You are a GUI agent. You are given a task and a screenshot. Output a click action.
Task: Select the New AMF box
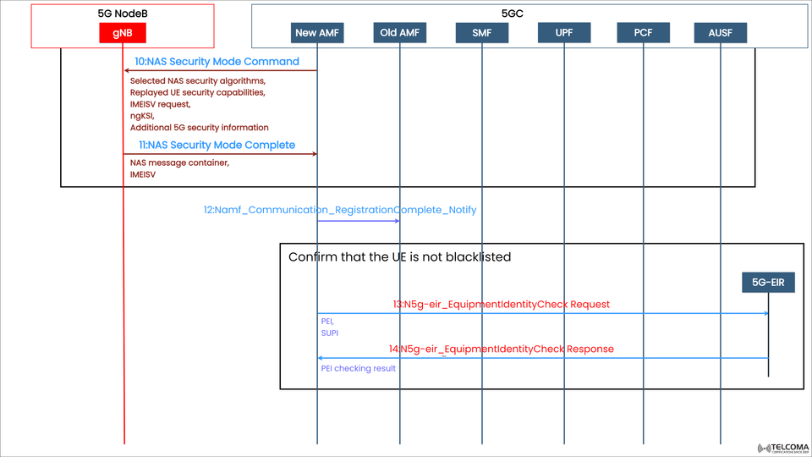click(x=317, y=33)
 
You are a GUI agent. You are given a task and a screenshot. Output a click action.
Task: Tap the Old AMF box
click(x=400, y=33)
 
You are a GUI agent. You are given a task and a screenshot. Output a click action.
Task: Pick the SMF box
click(x=482, y=33)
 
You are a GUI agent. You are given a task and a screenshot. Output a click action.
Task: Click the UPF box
click(x=562, y=33)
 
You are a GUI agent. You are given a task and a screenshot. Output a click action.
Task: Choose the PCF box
click(x=643, y=33)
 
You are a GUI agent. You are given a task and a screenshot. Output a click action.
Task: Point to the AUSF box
click(x=721, y=33)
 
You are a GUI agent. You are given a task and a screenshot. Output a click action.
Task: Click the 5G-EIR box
click(x=768, y=282)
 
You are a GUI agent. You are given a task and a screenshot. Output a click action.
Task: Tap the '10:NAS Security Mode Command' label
click(x=217, y=62)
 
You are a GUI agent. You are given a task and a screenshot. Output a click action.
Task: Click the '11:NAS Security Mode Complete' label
click(x=217, y=145)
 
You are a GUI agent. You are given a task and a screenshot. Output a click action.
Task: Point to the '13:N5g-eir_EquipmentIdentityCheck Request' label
click(x=501, y=304)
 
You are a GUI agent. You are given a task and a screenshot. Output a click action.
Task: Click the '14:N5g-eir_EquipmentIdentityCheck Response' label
click(x=501, y=349)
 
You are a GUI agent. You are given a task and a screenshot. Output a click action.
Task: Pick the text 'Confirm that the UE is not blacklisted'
click(x=399, y=256)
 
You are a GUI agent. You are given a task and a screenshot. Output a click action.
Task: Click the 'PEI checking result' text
click(x=358, y=368)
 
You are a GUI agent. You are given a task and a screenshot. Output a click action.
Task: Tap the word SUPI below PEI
click(x=329, y=334)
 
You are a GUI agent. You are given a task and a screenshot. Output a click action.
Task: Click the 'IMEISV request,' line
click(x=160, y=104)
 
